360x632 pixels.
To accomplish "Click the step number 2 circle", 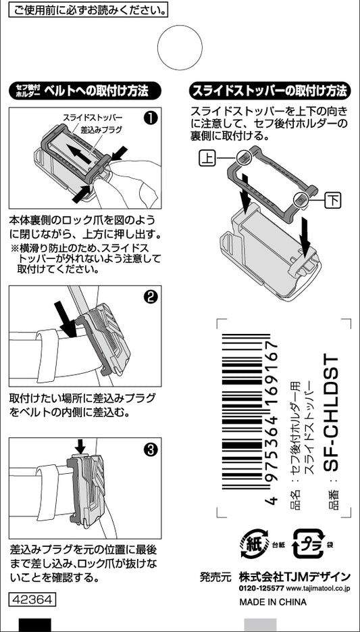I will click(151, 297).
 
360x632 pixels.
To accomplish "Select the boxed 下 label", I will click(333, 199).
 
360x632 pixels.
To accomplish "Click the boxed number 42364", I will click(32, 599).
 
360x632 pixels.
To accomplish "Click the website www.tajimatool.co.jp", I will click(319, 589).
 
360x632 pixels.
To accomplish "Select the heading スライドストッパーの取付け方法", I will click(269, 91).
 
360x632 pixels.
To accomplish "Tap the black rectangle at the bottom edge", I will click(34, 625).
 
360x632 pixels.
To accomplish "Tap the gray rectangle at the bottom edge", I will click(260, 625).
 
